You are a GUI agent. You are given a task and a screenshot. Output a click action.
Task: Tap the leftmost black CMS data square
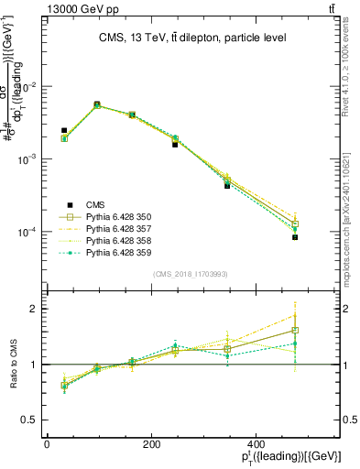(64, 131)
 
